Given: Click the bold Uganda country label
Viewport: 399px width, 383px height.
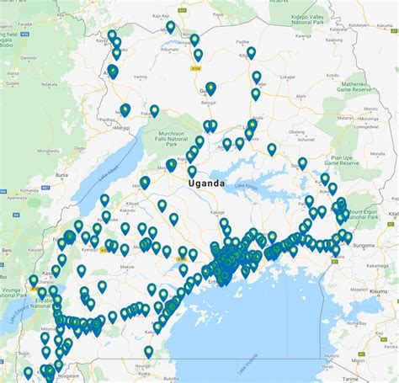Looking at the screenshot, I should (x=206, y=183).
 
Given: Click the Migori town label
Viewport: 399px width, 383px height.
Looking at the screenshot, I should (x=370, y=370).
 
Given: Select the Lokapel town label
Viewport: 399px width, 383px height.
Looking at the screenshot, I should (x=287, y=77).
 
